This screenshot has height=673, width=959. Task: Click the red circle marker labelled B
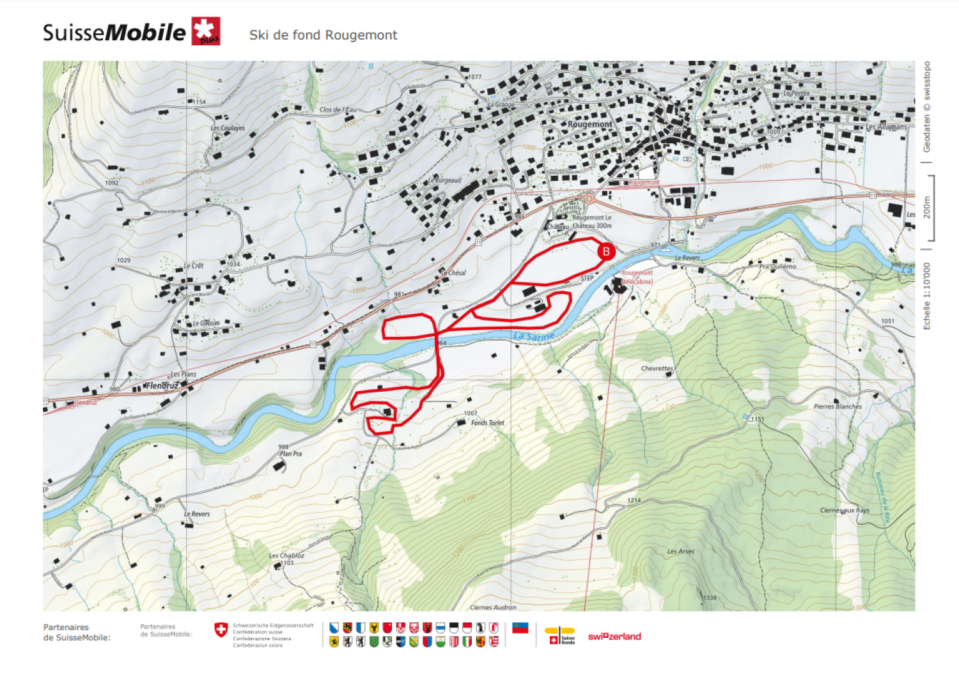(605, 251)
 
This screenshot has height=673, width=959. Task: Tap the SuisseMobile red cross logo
(206, 31)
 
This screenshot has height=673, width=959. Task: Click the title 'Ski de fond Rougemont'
(323, 35)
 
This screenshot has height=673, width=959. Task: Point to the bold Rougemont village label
(589, 124)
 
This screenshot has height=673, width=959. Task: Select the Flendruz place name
(162, 385)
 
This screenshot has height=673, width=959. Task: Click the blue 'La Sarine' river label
(534, 336)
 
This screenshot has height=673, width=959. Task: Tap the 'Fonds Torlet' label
(488, 422)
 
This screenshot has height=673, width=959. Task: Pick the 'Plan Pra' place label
(290, 453)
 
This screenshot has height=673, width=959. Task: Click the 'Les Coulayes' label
(228, 128)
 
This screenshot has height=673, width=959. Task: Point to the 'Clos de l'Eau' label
(338, 110)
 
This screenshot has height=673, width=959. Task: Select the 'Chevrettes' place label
(657, 368)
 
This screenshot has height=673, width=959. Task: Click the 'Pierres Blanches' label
(838, 406)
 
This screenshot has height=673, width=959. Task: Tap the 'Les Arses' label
(680, 551)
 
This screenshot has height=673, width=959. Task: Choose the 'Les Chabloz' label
(286, 555)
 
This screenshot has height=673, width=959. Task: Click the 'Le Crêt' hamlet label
(194, 265)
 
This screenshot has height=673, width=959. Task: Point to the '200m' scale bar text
(927, 208)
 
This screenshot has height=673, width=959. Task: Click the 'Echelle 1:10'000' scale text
(927, 296)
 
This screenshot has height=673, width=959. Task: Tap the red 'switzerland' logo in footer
(614, 637)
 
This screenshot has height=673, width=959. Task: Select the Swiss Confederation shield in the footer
(221, 630)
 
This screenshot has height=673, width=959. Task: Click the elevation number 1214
(634, 500)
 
